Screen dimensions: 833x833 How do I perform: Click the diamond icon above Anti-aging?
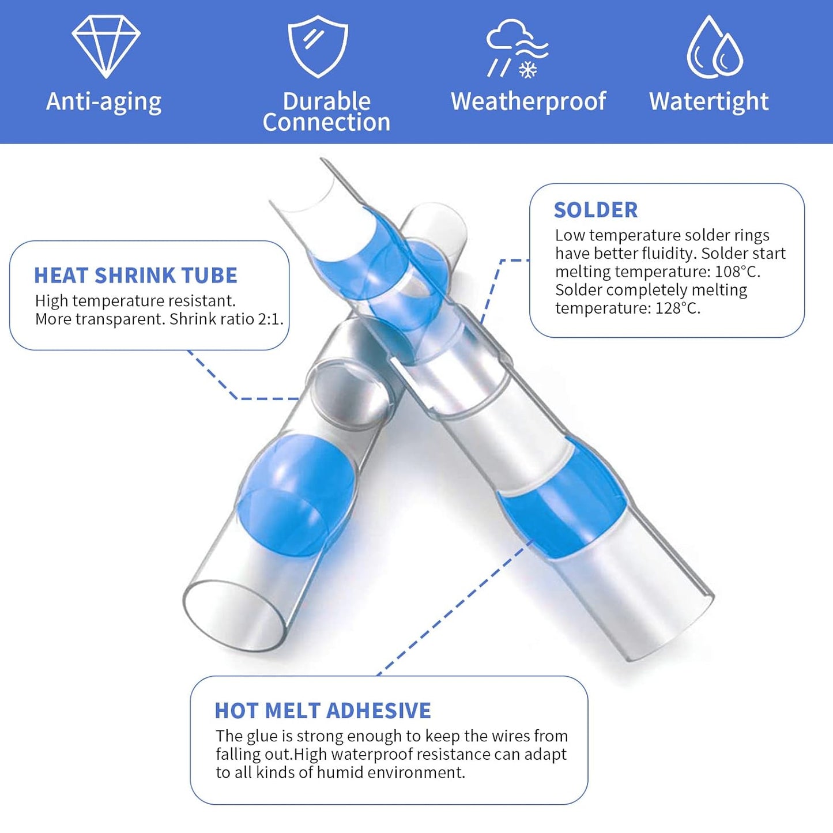[x=106, y=47]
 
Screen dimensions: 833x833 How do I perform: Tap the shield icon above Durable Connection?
[x=318, y=47]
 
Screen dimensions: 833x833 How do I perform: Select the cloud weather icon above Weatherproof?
[x=517, y=48]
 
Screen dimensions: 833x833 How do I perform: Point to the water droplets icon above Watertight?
[x=715, y=47]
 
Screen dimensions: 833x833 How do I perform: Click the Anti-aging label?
[x=104, y=102]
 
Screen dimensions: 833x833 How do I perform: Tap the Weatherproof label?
[x=528, y=102]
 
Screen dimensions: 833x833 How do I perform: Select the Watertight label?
[x=709, y=102]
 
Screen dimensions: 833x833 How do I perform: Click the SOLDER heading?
[x=595, y=210]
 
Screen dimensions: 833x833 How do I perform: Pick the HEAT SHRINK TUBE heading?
[x=135, y=276]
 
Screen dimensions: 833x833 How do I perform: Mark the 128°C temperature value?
[x=677, y=308]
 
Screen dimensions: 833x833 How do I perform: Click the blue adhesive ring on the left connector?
[x=297, y=496]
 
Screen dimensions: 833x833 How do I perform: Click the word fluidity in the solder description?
[x=668, y=254]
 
